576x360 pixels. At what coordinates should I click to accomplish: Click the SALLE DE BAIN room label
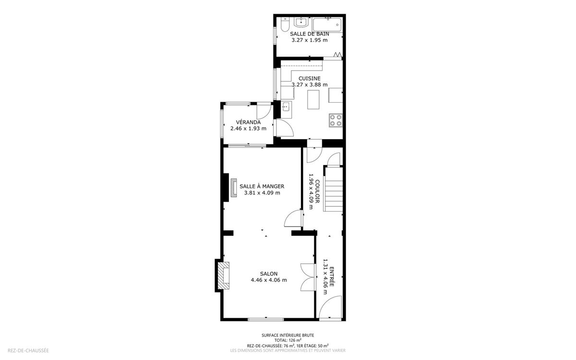309,34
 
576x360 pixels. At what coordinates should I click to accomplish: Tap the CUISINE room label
309,78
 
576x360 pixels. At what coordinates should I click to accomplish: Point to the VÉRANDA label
248,122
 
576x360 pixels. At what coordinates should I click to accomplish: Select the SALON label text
269,274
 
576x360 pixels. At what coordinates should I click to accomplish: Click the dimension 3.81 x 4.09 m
262,193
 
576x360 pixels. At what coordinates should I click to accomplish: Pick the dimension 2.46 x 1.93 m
248,129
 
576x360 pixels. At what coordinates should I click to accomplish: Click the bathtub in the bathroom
327,24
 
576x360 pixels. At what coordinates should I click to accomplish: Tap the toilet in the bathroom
285,24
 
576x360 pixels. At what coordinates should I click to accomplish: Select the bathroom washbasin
301,23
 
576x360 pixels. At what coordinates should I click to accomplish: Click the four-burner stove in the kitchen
336,120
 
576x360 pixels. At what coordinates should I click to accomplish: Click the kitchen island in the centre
313,99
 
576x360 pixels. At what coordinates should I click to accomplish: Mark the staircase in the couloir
333,189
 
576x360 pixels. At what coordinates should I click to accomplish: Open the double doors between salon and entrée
308,277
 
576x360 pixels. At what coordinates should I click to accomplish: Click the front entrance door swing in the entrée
330,307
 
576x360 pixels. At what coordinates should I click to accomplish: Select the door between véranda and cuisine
283,128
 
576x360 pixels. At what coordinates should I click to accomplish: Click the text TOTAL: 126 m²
288,340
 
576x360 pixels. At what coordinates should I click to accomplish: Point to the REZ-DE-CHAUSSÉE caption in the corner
28,350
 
